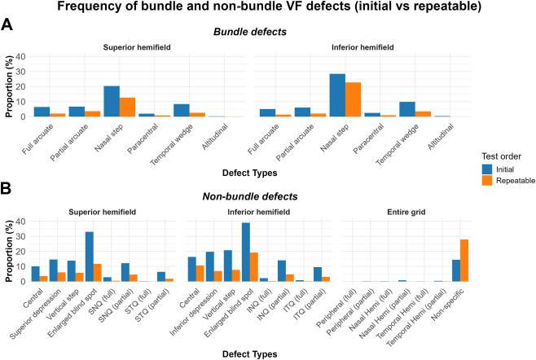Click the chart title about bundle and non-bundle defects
pos(268,7)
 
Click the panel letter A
pos(7,25)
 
